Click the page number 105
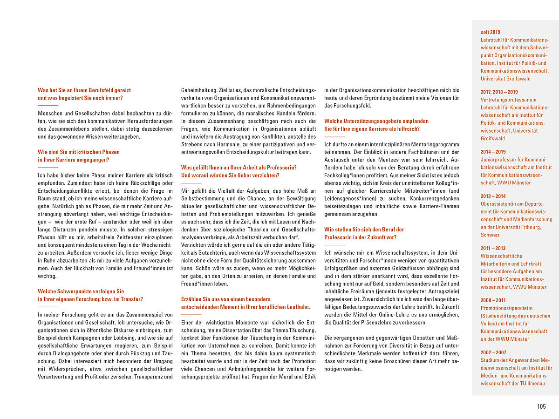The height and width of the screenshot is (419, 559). (541, 406)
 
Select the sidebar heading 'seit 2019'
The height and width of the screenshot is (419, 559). (491, 32)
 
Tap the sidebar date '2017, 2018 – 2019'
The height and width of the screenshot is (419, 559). (499, 92)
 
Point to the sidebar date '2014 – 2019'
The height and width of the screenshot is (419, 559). (493, 152)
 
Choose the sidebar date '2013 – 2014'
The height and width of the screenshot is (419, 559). (493, 196)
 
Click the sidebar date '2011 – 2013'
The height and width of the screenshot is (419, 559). (493, 248)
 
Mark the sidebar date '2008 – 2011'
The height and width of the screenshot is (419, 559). (493, 300)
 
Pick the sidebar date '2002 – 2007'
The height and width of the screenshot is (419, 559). (493, 352)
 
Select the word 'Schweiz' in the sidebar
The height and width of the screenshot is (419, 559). (490, 235)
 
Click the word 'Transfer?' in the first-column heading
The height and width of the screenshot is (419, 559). (131, 299)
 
